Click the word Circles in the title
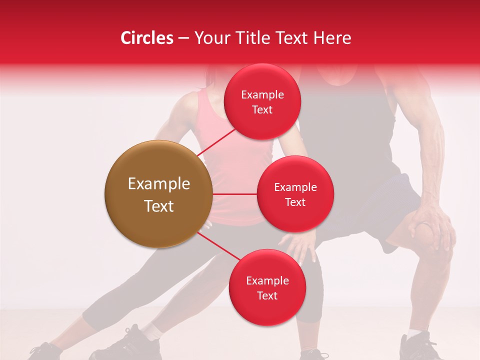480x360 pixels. click(146, 38)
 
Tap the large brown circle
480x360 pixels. click(158, 194)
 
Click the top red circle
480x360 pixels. click(262, 101)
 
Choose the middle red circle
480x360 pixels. click(295, 194)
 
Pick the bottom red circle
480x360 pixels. click(267, 287)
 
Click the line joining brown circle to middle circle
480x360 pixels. click(234, 194)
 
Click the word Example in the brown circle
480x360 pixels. click(158, 184)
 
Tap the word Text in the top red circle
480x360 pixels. click(262, 109)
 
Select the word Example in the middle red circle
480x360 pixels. click(295, 187)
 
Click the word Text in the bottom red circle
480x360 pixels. click(267, 295)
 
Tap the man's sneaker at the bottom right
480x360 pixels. click(420, 347)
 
